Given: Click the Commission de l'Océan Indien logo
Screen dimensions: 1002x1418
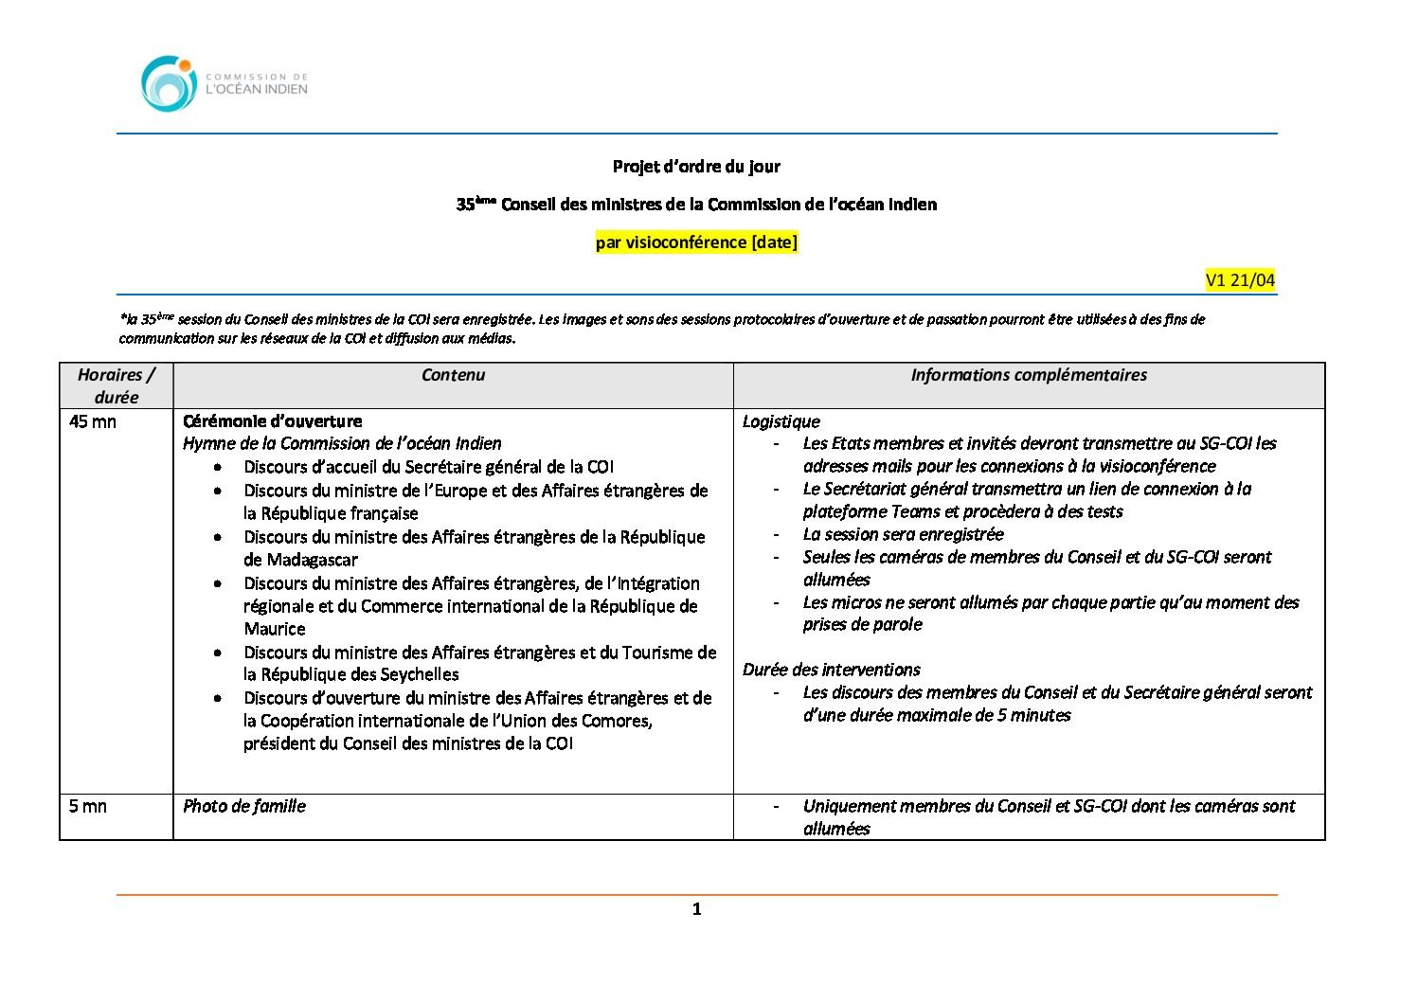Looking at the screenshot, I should (224, 84).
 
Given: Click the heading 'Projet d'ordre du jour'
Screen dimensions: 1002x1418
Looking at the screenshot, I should (696, 167).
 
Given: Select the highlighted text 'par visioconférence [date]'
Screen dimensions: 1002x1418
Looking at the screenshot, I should (696, 242).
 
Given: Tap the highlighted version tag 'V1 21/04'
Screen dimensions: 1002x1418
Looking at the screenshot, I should (1240, 280).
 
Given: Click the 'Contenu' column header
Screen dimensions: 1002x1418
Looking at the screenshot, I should (453, 375).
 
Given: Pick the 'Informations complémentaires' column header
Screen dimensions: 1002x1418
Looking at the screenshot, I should (1029, 375).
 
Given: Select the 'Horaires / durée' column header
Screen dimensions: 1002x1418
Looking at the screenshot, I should (117, 385).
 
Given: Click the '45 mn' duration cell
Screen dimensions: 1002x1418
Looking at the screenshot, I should (93, 421).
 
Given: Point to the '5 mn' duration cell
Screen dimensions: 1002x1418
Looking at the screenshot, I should (88, 806).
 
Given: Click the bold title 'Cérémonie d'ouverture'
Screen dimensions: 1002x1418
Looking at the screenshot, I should (273, 421).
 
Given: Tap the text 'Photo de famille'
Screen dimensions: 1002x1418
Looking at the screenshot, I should (244, 806).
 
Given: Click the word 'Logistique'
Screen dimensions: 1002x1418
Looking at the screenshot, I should (781, 421).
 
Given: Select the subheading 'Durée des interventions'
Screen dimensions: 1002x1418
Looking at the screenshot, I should (832, 670).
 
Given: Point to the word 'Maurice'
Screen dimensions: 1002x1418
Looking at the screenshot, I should (275, 629).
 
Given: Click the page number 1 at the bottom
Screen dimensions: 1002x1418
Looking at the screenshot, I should (697, 909).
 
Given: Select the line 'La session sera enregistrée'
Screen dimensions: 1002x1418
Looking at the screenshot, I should (903, 534).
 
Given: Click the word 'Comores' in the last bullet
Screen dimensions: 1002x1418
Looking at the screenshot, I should (616, 721).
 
